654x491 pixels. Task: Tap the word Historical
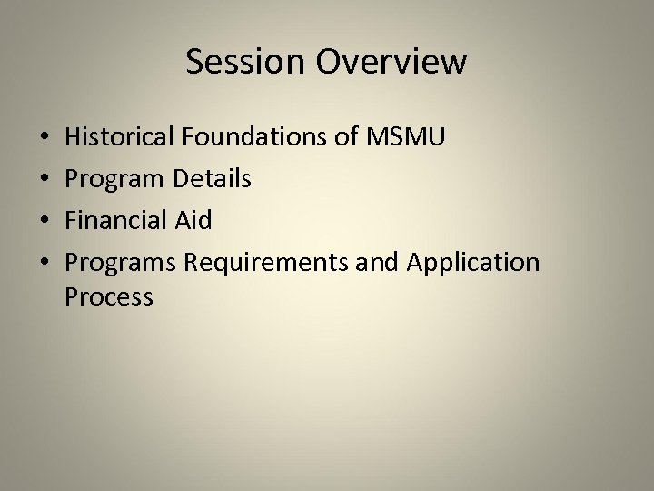coord(121,138)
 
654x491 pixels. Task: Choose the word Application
coord(473,264)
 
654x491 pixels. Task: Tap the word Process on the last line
coord(109,296)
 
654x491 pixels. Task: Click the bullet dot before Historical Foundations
coord(46,139)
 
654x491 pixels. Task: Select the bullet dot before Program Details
coord(46,180)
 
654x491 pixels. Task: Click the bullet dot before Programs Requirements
coord(46,264)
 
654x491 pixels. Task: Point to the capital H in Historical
coord(74,138)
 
